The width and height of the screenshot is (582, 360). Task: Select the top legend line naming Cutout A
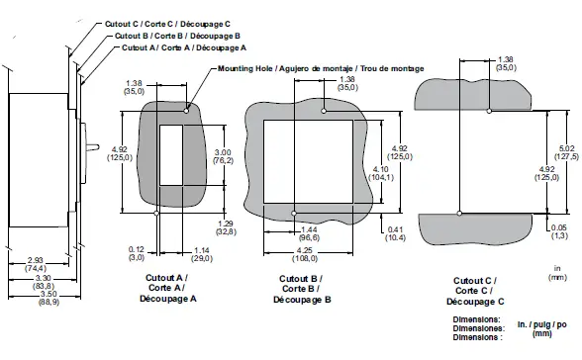[183, 47]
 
